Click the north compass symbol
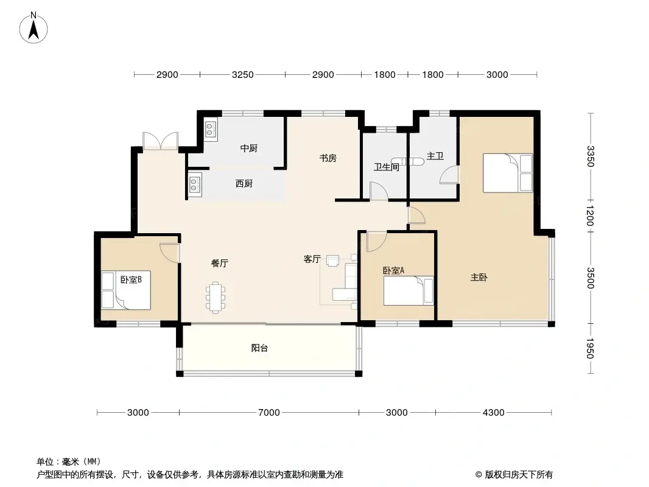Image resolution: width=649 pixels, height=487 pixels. [34, 27]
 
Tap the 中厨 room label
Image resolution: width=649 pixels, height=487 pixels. [248, 148]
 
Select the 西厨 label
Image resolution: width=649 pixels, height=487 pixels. [244, 184]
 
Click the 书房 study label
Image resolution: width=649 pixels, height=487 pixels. [328, 158]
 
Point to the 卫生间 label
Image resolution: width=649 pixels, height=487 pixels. [386, 167]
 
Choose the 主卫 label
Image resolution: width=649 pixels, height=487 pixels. [435, 156]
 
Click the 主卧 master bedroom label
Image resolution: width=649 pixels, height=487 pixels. [479, 278]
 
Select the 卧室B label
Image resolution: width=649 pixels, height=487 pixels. [131, 280]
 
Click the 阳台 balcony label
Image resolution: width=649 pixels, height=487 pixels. [260, 349]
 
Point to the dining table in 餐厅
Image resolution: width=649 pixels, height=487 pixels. [217, 297]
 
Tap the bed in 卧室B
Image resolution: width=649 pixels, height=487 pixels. [125, 291]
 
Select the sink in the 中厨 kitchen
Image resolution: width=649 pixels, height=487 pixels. [210, 129]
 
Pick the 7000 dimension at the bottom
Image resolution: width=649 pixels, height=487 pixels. [268, 413]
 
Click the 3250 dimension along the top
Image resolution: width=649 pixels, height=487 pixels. [242, 75]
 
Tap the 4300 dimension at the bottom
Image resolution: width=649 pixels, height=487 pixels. [493, 413]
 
